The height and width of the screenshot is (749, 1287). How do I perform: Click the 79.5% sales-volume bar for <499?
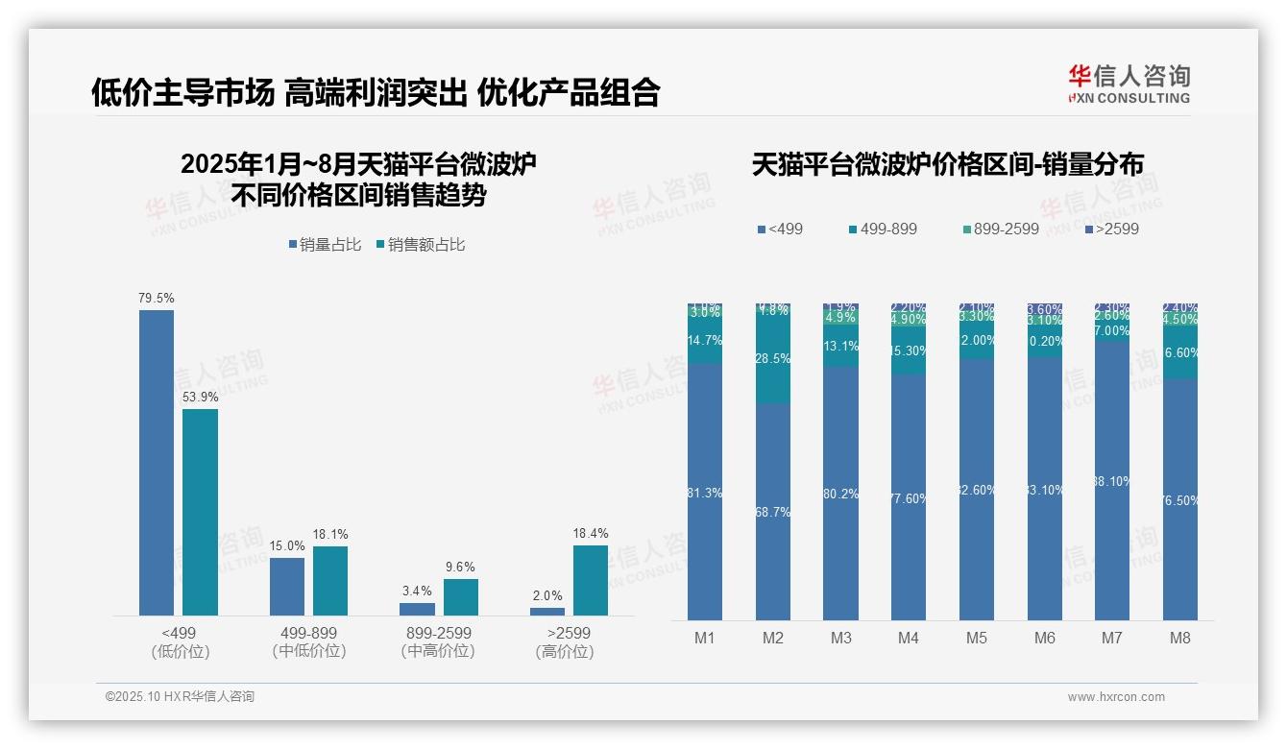point(157,462)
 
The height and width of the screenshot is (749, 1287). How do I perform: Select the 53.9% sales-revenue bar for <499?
point(200,512)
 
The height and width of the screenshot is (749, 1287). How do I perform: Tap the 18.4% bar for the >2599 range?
point(590,580)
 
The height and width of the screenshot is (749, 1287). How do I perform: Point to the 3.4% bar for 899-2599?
point(417,609)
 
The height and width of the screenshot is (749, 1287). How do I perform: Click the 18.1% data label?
point(329,534)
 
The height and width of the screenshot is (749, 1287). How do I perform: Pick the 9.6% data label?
point(460,567)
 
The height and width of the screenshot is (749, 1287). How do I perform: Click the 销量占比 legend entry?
point(325,245)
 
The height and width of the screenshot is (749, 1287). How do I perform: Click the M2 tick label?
point(773,638)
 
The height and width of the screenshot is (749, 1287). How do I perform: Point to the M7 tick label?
point(1112,638)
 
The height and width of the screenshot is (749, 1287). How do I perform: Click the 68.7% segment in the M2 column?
point(773,512)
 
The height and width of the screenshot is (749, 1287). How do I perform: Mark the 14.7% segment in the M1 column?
point(705,341)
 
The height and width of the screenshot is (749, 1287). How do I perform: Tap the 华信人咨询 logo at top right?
point(1129,84)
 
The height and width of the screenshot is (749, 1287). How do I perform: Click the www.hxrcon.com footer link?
point(1115,697)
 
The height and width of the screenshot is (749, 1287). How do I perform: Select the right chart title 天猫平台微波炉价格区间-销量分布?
point(947,165)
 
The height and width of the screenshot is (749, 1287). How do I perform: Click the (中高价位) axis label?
point(438,651)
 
